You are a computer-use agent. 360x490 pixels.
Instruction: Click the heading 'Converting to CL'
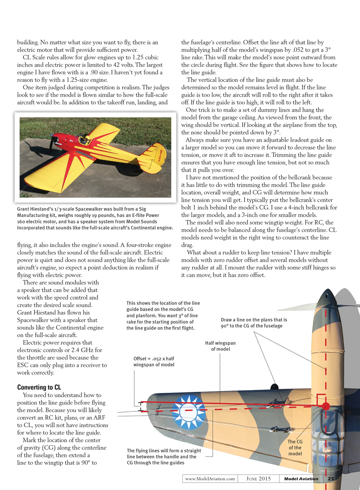39,387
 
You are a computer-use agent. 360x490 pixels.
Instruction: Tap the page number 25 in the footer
331,479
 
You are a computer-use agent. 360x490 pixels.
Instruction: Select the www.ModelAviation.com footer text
210,479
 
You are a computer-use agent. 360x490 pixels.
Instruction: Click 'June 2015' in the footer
259,479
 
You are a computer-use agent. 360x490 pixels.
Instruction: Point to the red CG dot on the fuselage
325,406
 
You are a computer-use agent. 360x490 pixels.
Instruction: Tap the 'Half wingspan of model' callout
220,346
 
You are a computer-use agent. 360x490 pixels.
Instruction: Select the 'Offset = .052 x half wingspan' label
154,362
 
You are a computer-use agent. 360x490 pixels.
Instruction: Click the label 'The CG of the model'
295,448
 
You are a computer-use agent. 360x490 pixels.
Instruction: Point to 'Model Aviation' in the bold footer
301,479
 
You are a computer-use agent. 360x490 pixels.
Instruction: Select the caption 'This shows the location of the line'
163,303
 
